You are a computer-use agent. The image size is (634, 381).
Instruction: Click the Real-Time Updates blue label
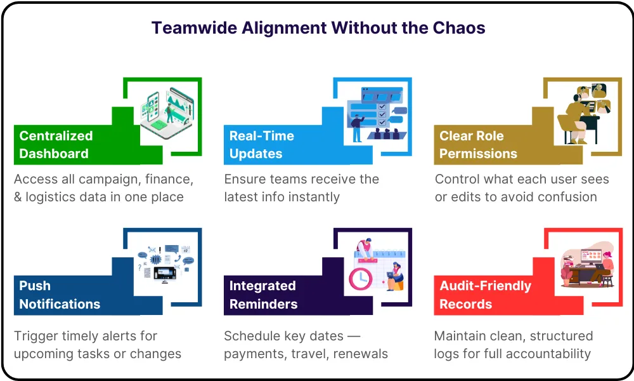click(261, 145)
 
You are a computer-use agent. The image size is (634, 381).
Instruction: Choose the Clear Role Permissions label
click(478, 145)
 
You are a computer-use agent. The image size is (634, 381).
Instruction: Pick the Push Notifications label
click(60, 295)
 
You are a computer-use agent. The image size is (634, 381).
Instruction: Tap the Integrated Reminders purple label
click(263, 295)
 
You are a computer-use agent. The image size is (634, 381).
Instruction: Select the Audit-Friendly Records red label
click(485, 295)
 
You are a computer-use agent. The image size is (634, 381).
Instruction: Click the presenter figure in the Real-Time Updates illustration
click(357, 127)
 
